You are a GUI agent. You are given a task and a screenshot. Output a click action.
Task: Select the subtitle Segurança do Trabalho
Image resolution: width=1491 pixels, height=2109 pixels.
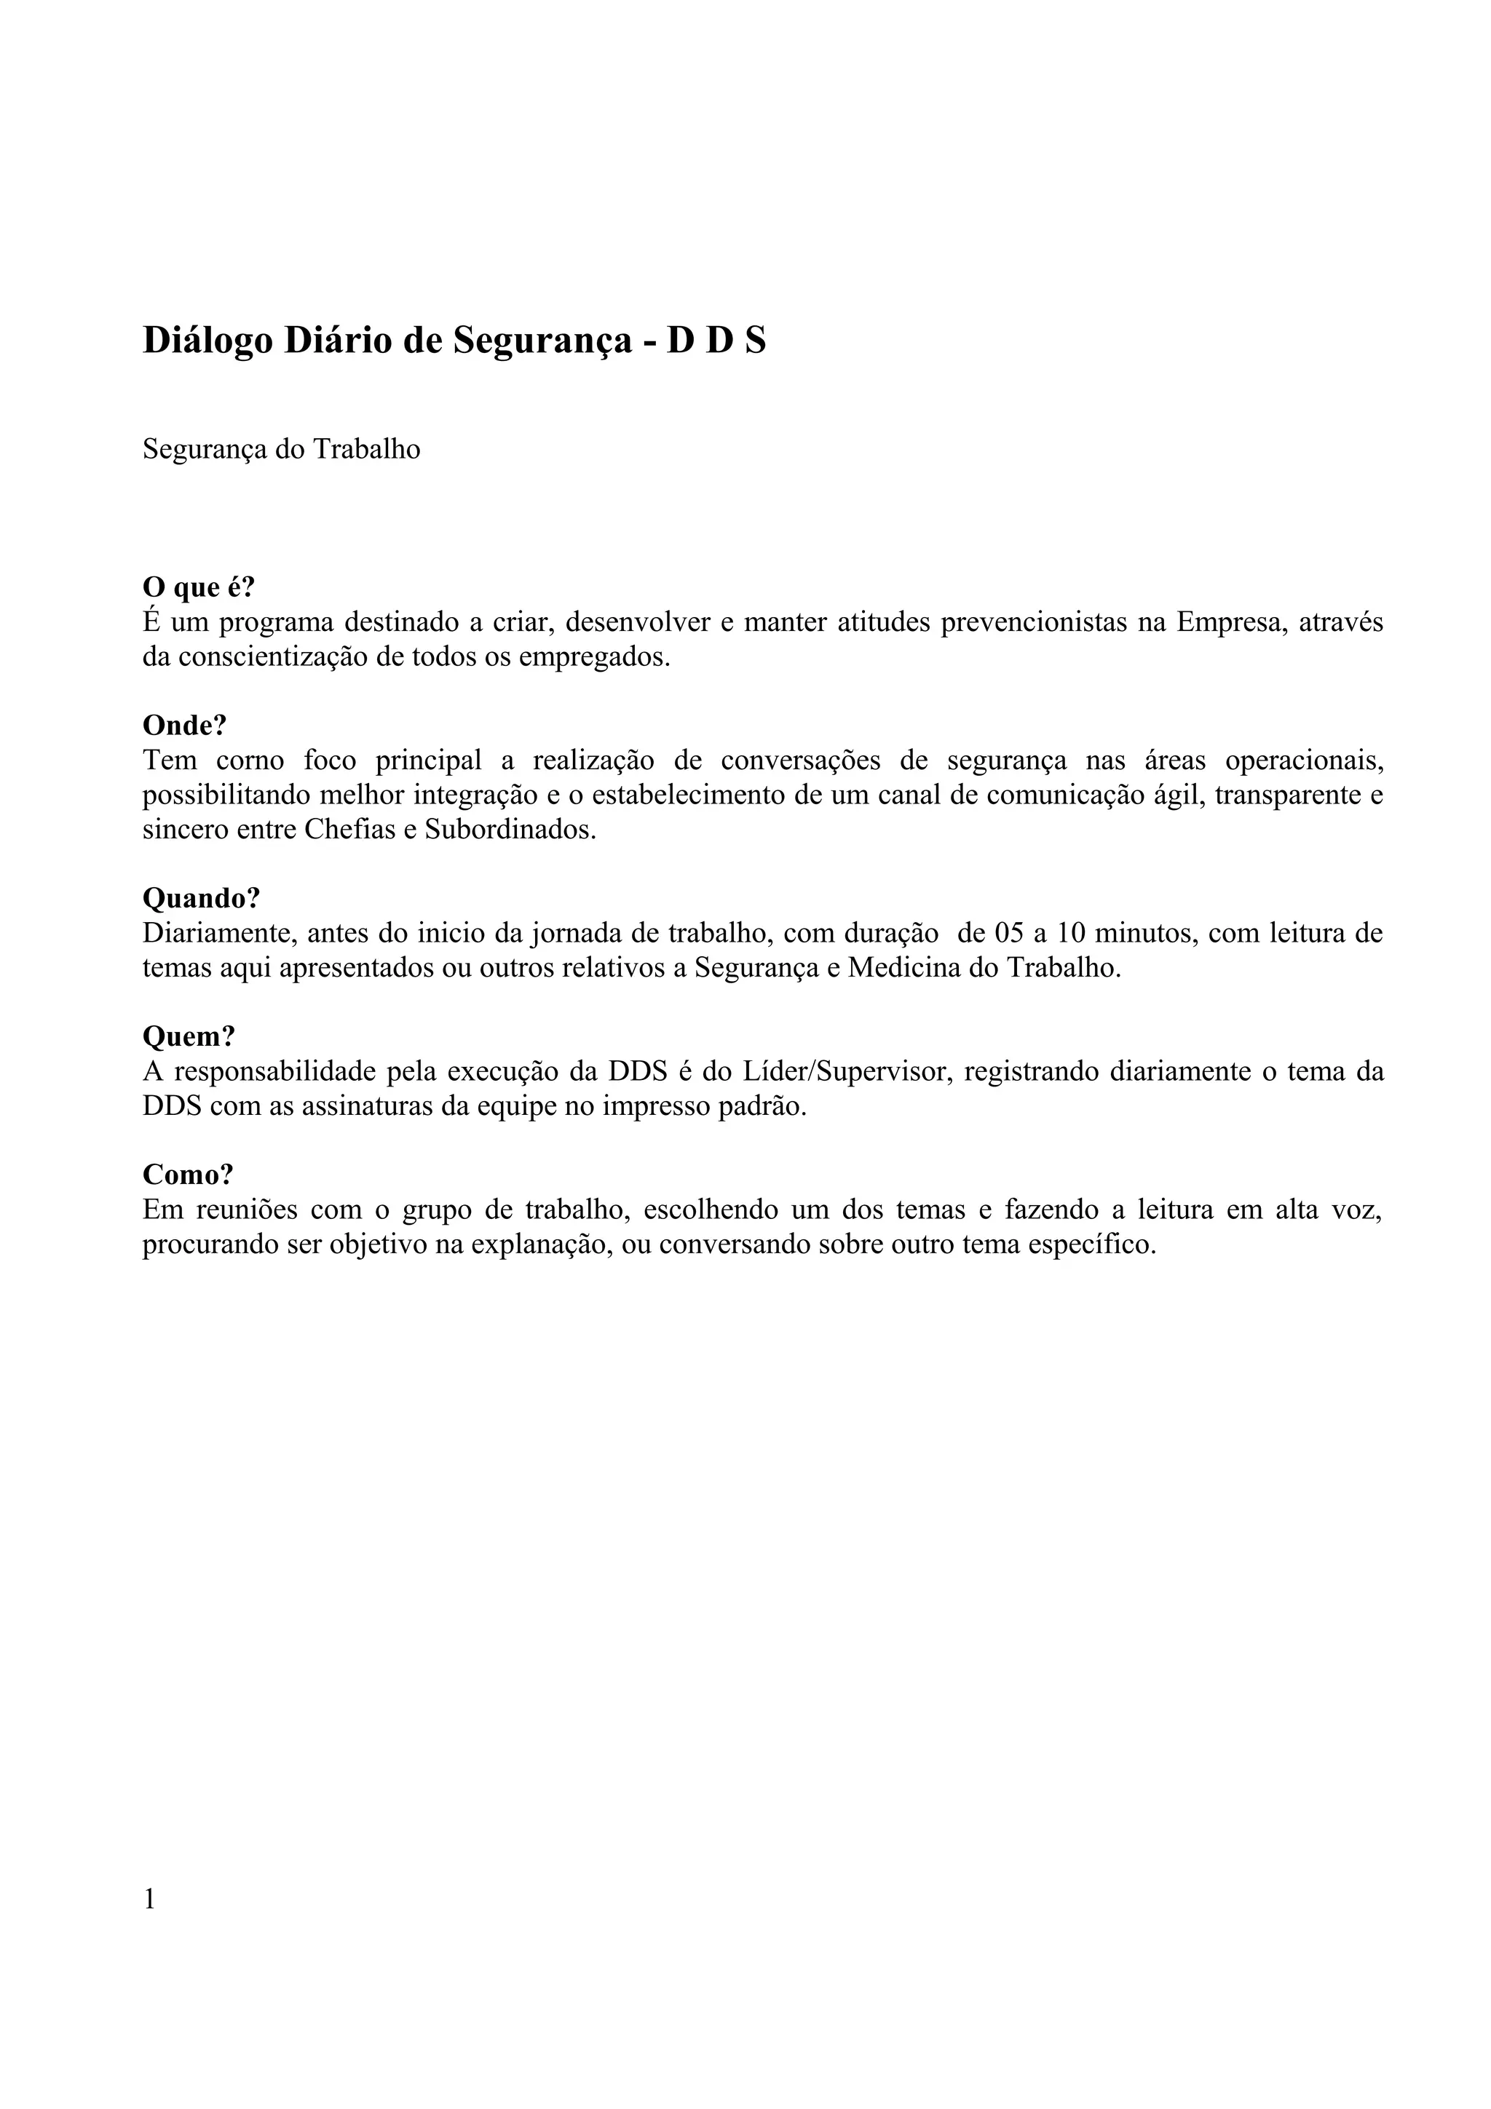coord(281,449)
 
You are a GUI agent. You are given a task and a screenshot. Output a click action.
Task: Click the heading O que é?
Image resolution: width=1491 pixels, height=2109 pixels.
coord(199,587)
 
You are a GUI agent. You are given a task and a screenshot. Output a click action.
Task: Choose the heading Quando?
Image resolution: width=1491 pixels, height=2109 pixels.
coord(201,897)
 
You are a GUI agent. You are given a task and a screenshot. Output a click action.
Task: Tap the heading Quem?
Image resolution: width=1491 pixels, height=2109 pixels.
coord(189,1036)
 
